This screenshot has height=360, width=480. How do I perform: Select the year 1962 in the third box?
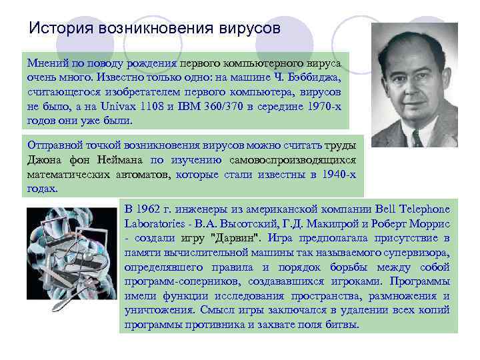(154, 208)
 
